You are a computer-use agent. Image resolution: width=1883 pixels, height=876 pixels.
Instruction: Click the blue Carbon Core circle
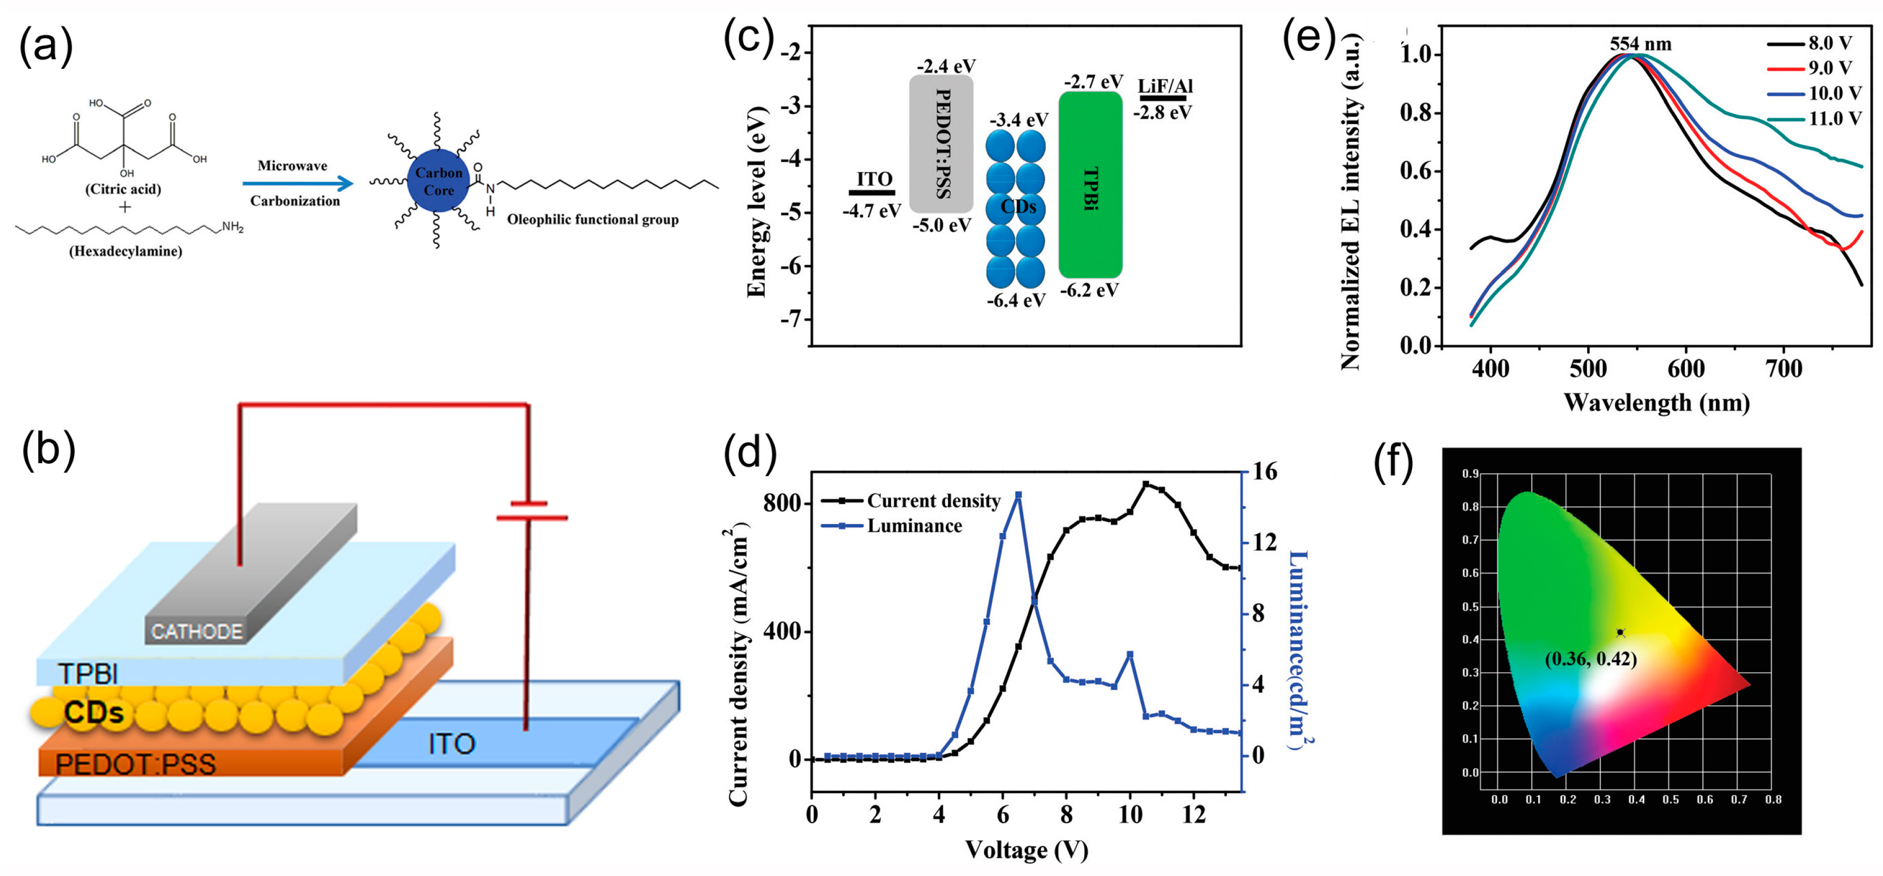tap(439, 181)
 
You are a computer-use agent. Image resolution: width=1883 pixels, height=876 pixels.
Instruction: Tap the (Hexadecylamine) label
tap(126, 251)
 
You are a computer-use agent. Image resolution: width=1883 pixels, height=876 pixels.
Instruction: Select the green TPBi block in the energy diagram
tap(1090, 184)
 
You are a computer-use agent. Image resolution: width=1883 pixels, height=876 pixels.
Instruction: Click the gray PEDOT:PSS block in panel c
tap(942, 144)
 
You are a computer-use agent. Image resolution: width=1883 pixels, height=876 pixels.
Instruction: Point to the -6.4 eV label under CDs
tap(1016, 300)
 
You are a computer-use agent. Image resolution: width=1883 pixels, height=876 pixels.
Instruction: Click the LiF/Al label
tap(1165, 87)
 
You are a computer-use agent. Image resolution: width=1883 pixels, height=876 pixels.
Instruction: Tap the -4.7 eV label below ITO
tap(871, 211)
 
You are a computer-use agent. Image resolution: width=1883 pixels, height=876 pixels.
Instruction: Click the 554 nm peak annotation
tap(1640, 44)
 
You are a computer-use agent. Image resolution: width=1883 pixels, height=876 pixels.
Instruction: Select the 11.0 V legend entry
tap(1835, 118)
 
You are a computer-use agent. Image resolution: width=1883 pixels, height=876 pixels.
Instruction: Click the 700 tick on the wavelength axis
tap(1784, 369)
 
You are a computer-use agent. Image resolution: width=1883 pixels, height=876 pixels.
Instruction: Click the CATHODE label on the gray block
tap(197, 631)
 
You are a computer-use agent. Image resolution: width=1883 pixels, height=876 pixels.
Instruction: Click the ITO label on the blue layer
tap(451, 744)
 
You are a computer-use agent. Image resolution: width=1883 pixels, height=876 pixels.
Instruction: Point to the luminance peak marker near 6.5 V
tap(1018, 495)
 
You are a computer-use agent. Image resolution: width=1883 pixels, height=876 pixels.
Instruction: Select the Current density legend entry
tap(933, 501)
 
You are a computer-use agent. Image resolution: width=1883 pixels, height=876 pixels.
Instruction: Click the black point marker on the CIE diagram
tap(1620, 633)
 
